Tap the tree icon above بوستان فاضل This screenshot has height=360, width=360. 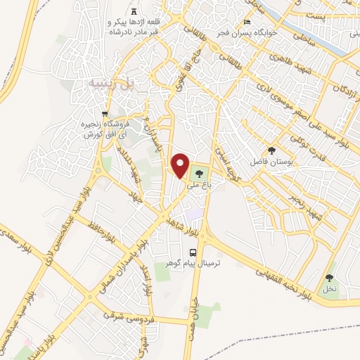(271, 150)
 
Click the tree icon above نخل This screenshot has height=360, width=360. (329, 278)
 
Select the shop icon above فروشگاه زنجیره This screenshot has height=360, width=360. (105, 115)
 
